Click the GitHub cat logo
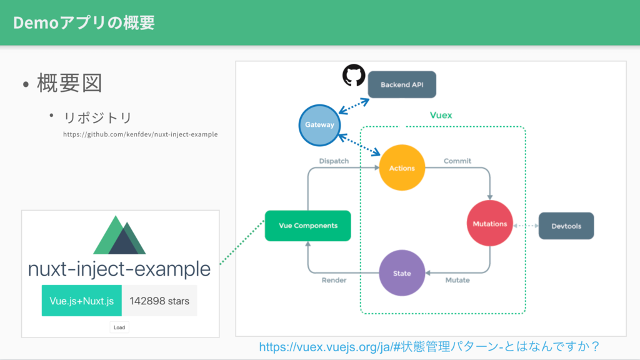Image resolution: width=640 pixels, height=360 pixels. (x=354, y=75)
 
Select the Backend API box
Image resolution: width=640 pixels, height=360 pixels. (x=402, y=84)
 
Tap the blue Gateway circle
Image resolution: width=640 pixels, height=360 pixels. (x=319, y=125)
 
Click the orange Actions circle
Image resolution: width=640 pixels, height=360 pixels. (x=402, y=167)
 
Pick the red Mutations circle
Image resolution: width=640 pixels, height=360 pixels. (x=490, y=223)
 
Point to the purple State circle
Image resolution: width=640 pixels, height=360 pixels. (x=402, y=273)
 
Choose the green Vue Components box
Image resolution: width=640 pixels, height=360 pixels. (x=307, y=226)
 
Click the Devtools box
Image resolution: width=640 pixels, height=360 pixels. (x=566, y=226)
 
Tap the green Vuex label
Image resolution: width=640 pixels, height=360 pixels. (x=441, y=115)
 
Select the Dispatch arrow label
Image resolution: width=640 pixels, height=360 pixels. (x=334, y=161)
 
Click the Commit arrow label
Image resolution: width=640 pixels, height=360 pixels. (x=457, y=161)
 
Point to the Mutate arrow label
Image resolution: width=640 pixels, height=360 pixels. (x=457, y=280)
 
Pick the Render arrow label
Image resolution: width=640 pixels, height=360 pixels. (x=334, y=280)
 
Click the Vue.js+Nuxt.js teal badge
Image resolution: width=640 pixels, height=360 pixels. (x=82, y=301)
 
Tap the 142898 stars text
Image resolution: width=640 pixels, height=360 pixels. (x=159, y=301)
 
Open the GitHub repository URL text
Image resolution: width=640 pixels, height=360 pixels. (x=141, y=134)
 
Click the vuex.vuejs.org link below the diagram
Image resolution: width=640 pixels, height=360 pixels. (x=429, y=346)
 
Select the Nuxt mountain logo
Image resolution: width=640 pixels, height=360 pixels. (x=119, y=235)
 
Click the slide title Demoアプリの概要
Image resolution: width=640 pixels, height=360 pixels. (x=84, y=22)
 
